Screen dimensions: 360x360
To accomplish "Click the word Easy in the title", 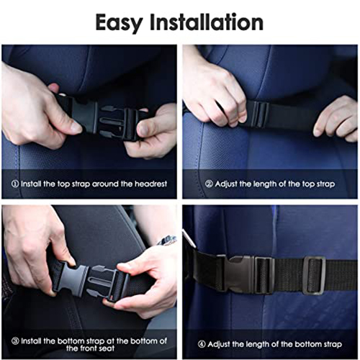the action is [119, 23].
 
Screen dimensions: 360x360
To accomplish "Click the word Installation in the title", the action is [207, 22].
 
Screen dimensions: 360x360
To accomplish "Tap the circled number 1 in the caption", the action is [15, 184].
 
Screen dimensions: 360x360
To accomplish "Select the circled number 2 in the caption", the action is [209, 184].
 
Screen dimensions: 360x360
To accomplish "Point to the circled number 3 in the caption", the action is [15, 341].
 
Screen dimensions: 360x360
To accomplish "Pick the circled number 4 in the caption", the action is [202, 344].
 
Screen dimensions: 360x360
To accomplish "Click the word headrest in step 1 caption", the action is [150, 184].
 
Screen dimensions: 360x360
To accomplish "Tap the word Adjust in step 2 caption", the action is [226, 184].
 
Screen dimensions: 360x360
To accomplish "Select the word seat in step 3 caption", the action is [106, 348].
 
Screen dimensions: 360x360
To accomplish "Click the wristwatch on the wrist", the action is [167, 240].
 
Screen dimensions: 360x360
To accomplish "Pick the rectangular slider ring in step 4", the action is [314, 275].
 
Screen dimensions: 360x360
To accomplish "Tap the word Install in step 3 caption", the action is [31, 341].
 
